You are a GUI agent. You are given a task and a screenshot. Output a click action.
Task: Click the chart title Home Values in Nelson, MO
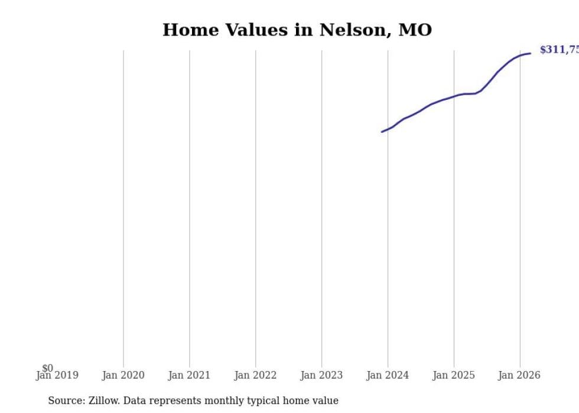click(x=297, y=30)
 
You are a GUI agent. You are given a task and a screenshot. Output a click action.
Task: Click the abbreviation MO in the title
click(x=415, y=30)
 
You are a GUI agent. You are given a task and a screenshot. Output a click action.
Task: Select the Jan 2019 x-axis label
click(x=57, y=375)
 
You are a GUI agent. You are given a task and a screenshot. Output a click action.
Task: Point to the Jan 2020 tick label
click(x=123, y=375)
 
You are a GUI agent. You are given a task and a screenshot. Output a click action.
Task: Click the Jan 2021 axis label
click(x=189, y=375)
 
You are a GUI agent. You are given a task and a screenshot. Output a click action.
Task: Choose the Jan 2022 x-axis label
click(x=255, y=375)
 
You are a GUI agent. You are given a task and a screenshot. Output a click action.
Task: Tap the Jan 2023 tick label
click(x=321, y=375)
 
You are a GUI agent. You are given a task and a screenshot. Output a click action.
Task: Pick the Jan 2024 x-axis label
click(x=388, y=375)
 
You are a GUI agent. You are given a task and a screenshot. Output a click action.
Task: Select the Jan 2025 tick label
click(x=454, y=375)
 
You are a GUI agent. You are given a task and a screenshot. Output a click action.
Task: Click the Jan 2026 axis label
click(x=519, y=375)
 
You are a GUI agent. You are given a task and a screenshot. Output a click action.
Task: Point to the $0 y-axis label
click(x=47, y=369)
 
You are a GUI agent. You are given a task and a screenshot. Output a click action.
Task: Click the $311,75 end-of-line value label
click(x=558, y=50)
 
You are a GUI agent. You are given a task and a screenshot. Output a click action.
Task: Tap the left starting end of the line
click(x=382, y=132)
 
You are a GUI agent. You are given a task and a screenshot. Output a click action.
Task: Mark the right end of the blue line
click(x=530, y=53)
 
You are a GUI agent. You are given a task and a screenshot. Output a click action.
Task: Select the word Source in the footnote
click(x=65, y=401)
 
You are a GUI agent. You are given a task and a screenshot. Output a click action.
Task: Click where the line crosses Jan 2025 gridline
click(x=454, y=96)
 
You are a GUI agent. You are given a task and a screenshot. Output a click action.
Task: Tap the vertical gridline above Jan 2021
click(x=190, y=207)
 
